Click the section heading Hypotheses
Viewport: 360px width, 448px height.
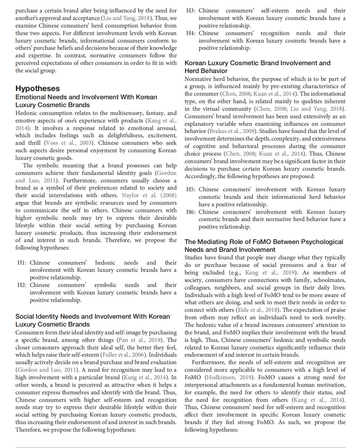pos(38,88)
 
